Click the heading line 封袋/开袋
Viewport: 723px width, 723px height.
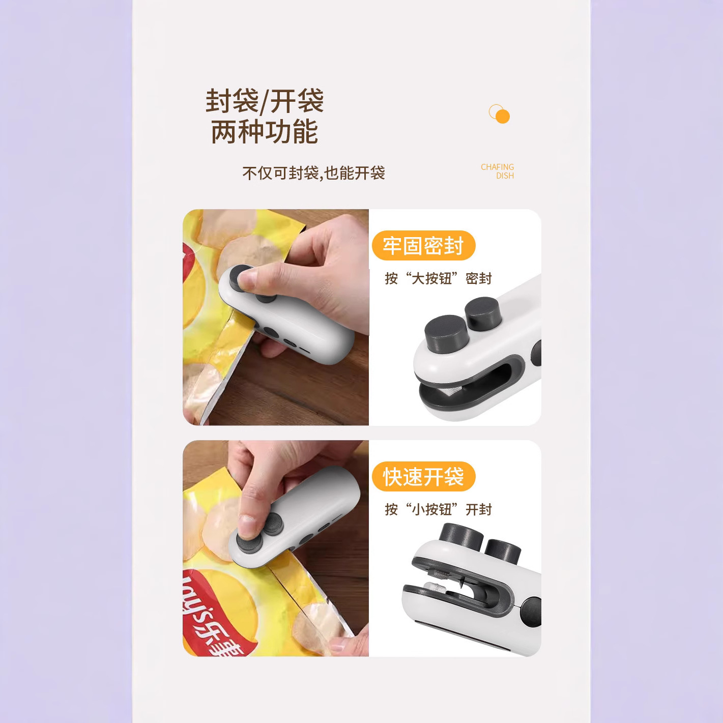coord(265,101)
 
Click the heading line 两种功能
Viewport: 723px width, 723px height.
coord(265,131)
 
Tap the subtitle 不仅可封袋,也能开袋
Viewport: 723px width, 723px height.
coord(313,173)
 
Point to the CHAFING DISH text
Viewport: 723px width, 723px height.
coord(498,171)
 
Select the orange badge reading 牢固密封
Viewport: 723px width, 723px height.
coord(423,246)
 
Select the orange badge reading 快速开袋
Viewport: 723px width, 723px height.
coord(423,477)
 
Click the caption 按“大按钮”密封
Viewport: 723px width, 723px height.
coord(438,278)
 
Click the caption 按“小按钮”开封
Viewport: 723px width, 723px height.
coord(438,509)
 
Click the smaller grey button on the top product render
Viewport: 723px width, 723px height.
coord(483,312)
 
